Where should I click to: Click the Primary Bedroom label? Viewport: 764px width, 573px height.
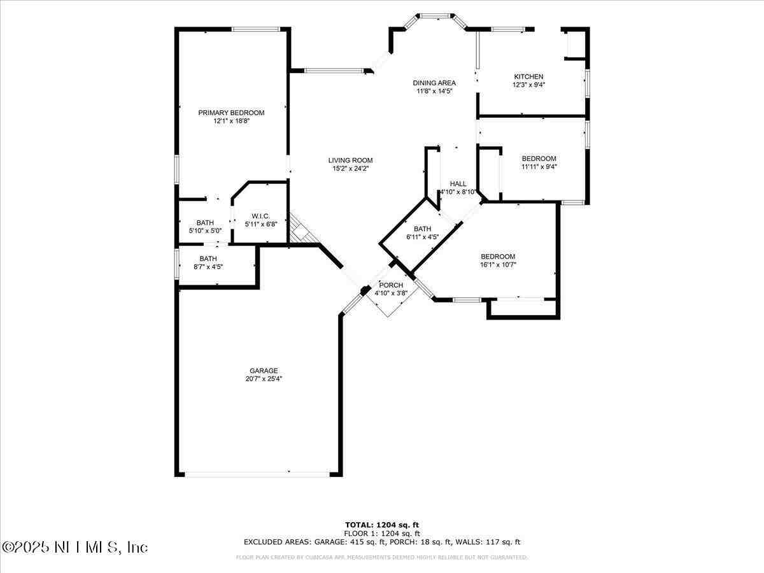point(231,113)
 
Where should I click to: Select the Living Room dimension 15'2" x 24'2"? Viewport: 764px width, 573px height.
point(350,169)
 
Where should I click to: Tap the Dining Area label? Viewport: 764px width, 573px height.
point(434,83)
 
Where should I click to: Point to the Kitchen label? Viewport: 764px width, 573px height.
point(528,76)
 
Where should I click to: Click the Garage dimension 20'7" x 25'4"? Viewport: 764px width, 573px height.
point(264,378)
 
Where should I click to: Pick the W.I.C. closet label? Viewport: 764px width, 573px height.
point(261,216)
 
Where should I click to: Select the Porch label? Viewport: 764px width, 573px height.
point(391,285)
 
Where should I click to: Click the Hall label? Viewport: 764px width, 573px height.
point(458,183)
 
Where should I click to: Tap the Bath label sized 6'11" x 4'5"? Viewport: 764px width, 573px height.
point(422,229)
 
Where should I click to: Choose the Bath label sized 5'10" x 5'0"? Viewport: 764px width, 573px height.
point(205,222)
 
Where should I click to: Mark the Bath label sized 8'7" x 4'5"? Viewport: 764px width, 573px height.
point(208,258)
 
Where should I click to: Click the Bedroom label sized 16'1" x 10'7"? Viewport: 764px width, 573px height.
point(497,257)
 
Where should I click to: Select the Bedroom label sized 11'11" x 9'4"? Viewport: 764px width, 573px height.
point(539,159)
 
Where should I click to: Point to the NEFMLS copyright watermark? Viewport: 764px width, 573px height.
point(75,547)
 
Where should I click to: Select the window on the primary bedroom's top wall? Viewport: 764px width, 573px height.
point(255,29)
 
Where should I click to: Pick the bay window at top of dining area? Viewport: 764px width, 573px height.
point(437,15)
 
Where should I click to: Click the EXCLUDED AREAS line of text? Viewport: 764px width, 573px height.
point(382,542)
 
